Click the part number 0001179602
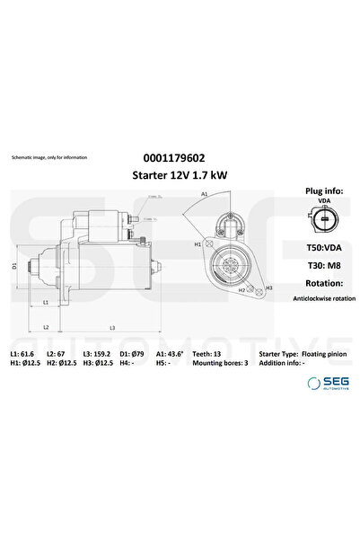tap(179, 156)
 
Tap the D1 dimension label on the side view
tap(14, 267)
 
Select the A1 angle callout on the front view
tap(206, 195)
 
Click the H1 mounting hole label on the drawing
tap(198, 244)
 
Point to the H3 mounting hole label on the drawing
tap(268, 288)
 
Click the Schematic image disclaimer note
tap(49, 157)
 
